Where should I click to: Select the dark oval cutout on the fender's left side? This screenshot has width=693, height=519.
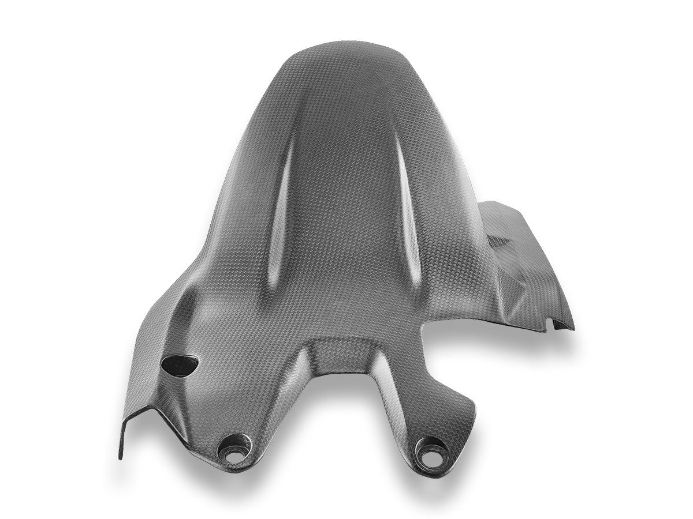pyautogui.click(x=180, y=363)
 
